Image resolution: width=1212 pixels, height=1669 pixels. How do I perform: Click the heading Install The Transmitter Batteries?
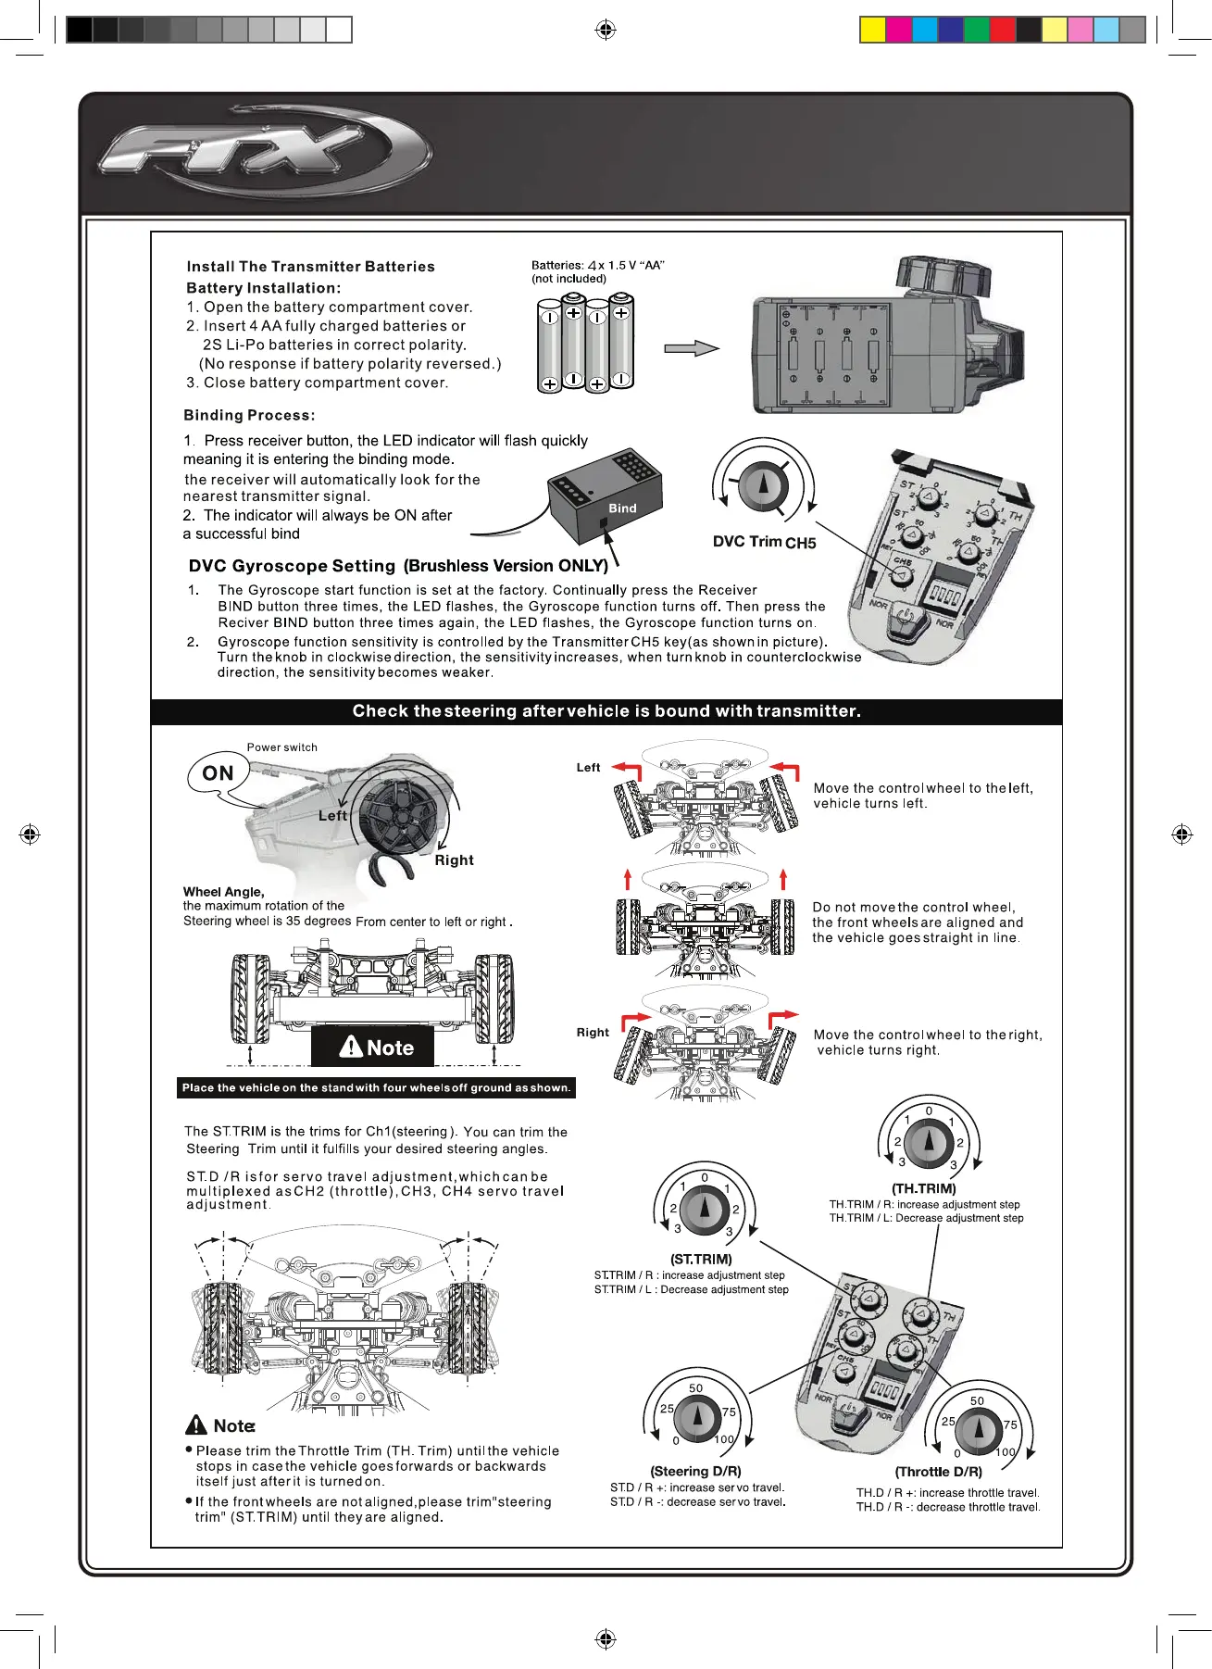coord(310,267)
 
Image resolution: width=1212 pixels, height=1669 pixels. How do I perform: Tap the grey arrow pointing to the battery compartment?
coord(691,348)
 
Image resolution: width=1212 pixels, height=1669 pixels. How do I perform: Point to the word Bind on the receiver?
coord(622,508)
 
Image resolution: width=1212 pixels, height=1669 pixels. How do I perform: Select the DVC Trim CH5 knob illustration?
coord(763,485)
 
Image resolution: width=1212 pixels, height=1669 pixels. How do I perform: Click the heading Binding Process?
coord(249,415)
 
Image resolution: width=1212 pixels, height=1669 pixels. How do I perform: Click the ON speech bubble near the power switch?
coord(219,773)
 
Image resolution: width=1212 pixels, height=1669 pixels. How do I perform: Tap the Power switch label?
coord(281,747)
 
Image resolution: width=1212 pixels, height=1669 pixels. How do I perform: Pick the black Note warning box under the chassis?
coord(372,1047)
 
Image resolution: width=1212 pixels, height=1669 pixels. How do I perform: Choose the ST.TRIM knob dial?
coord(704,1210)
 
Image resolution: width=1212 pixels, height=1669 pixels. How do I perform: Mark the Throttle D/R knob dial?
coord(978,1432)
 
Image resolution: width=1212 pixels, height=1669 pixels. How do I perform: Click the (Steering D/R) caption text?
coord(695,1471)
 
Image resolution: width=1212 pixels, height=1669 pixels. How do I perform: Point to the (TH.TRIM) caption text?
coord(923,1188)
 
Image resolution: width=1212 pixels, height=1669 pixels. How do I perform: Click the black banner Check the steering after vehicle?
coord(606,711)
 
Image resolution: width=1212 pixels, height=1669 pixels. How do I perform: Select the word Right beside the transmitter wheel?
coord(454,860)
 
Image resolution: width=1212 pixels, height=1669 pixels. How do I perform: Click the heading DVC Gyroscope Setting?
coord(292,566)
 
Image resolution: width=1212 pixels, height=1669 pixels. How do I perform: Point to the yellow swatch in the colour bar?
coord(872,30)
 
